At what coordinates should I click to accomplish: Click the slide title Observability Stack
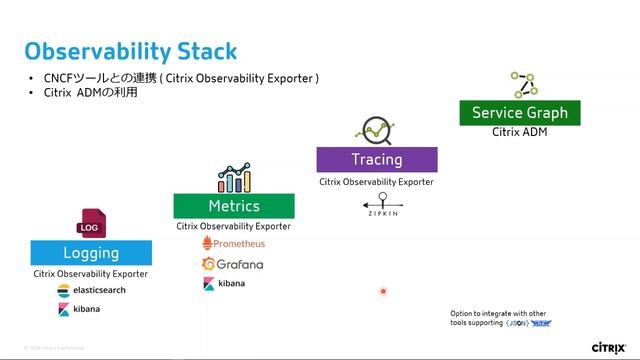[x=131, y=51]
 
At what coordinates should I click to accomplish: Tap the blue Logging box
[x=91, y=253]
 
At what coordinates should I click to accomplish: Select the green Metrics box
[x=234, y=206]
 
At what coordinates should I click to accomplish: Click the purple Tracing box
[x=376, y=159]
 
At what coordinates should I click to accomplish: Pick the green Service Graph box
[x=519, y=113]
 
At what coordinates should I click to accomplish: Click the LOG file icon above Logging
[x=92, y=225]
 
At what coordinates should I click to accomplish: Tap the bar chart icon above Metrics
[x=234, y=178]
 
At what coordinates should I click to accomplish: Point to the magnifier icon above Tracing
[x=376, y=130]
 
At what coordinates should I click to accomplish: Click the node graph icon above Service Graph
[x=520, y=84]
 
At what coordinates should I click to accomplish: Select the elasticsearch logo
[x=91, y=290]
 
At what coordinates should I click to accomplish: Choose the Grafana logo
[x=233, y=264]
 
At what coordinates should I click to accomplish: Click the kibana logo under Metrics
[x=225, y=284]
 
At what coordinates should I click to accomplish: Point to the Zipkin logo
[x=376, y=207]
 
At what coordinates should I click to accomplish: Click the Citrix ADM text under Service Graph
[x=519, y=133]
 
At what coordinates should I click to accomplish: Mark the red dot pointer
[x=383, y=292]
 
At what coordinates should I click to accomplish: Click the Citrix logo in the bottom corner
[x=609, y=347]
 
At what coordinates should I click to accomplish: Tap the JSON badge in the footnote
[x=517, y=323]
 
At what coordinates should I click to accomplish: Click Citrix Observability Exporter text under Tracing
[x=376, y=182]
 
